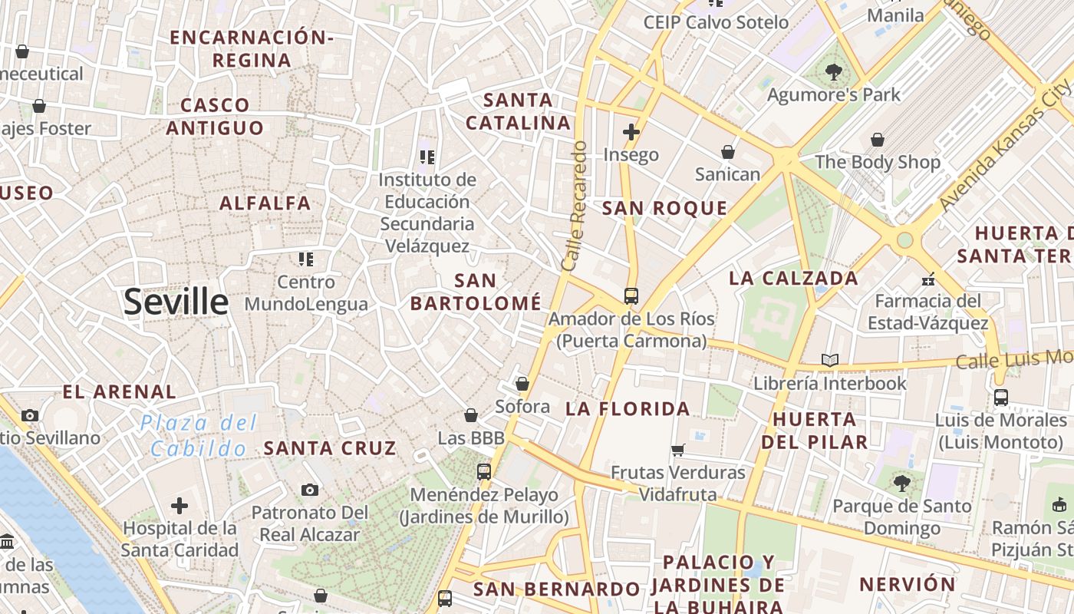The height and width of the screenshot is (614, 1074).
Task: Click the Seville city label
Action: (x=176, y=302)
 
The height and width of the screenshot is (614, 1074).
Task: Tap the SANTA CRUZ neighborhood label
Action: (x=330, y=448)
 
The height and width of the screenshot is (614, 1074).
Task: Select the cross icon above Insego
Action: (x=631, y=132)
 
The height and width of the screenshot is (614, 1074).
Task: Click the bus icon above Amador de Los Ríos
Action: (x=631, y=295)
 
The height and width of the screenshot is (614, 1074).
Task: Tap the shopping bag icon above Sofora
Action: (x=522, y=383)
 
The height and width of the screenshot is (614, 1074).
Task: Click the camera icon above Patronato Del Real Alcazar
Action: (x=310, y=490)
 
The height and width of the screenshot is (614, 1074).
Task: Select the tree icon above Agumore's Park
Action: (x=833, y=73)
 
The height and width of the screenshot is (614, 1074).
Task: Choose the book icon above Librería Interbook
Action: (x=829, y=360)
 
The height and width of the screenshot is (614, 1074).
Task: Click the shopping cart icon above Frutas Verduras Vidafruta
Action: (x=677, y=450)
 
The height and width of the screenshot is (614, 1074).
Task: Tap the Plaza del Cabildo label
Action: (x=199, y=435)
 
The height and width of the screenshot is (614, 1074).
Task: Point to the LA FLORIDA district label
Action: (x=628, y=409)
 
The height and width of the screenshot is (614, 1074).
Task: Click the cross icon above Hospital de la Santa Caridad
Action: (x=180, y=506)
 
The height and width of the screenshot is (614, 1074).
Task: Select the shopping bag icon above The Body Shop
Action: (x=877, y=140)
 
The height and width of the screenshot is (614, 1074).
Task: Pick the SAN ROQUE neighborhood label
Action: (x=664, y=208)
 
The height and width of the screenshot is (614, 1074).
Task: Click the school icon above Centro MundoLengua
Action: (x=306, y=259)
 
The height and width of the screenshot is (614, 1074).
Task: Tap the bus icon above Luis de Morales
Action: (x=1001, y=398)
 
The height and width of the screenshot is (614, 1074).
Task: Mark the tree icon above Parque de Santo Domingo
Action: (x=901, y=484)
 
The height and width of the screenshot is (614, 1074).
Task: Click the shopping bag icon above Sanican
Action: (x=727, y=152)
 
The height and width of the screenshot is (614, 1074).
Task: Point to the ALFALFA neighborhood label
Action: (x=265, y=203)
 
